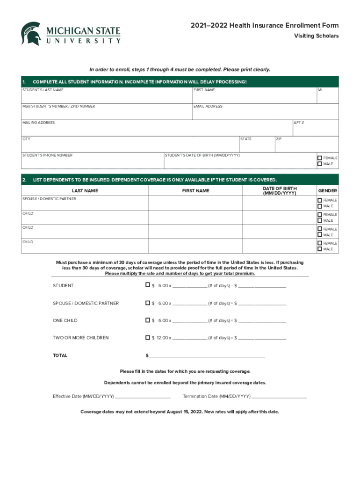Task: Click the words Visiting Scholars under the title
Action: click(316, 36)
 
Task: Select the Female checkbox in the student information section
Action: click(320, 158)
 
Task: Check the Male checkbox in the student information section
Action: click(320, 164)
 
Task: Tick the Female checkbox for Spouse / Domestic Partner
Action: click(320, 200)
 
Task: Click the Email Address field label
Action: click(208, 107)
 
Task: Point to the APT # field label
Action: click(299, 123)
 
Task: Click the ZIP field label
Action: click(279, 139)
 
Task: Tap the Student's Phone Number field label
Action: click(47, 155)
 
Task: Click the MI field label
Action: click(320, 90)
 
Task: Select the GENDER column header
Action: click(327, 191)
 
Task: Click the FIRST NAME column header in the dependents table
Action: click(195, 191)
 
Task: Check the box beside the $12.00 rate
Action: click(148, 337)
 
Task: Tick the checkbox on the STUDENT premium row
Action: click(148, 285)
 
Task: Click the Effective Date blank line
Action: click(143, 396)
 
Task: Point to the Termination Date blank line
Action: click(279, 396)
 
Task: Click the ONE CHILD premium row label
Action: click(65, 320)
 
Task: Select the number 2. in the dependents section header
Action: click(24, 180)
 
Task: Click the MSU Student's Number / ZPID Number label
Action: click(58, 107)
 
